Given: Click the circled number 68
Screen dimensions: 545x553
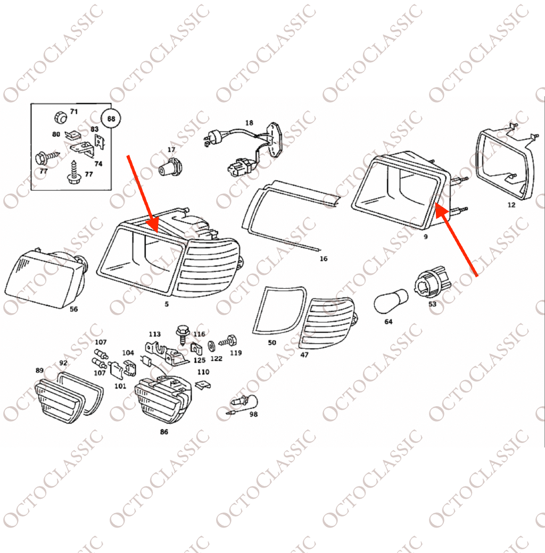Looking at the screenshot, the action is click(x=111, y=119).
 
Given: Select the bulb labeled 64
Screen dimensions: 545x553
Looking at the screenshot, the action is click(x=391, y=301).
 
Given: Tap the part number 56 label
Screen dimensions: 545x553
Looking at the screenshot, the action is click(x=73, y=309).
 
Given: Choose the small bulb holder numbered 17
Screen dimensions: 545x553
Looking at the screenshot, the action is click(x=169, y=167).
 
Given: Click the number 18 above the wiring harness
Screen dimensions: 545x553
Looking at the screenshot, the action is click(x=249, y=123).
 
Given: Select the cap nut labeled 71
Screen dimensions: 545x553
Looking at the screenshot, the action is click(x=61, y=117).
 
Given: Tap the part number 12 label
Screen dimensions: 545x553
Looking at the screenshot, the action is click(x=511, y=205).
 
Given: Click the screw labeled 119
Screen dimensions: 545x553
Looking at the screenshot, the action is click(x=228, y=341).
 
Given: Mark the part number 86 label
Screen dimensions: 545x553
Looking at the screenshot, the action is click(x=164, y=432).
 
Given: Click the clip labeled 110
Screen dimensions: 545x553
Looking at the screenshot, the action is click(x=204, y=385).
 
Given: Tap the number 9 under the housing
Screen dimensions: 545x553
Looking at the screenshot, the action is click(x=426, y=237).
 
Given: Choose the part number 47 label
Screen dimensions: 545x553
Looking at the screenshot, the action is click(x=304, y=355).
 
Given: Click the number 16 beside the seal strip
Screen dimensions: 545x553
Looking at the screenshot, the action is click(x=324, y=259).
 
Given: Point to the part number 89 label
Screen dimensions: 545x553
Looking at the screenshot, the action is click(x=39, y=370).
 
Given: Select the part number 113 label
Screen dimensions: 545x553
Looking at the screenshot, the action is click(x=154, y=334).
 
